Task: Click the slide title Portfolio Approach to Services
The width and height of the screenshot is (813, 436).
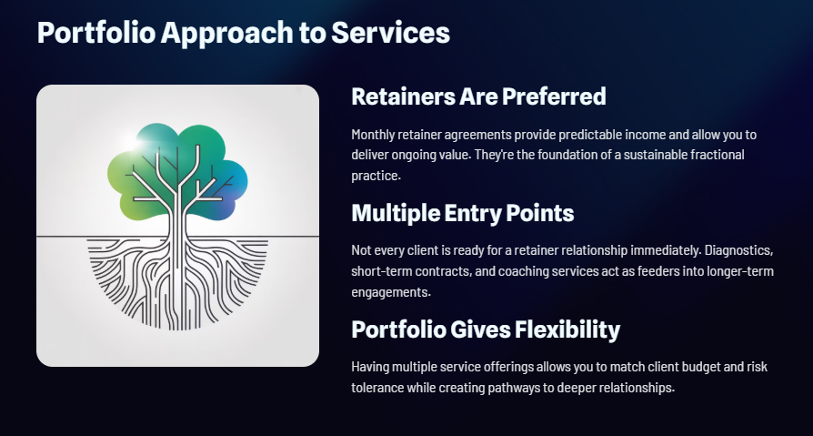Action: click(243, 33)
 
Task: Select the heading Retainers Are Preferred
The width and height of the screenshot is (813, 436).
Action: click(478, 96)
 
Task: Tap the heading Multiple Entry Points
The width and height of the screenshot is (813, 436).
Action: click(462, 214)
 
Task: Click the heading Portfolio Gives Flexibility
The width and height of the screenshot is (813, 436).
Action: click(486, 330)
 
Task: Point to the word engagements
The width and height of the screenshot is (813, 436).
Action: click(387, 292)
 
